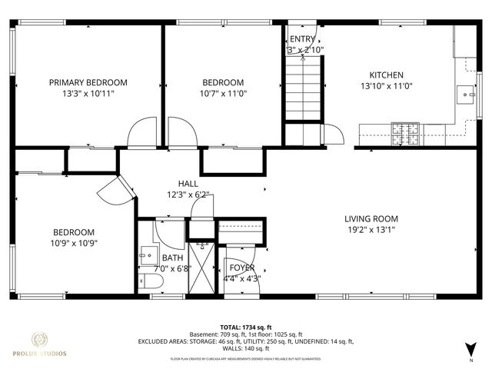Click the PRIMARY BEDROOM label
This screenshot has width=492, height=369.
click(88, 82)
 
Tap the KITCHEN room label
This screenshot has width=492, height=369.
click(381, 75)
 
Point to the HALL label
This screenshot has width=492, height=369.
click(188, 184)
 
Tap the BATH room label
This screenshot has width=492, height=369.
click(172, 258)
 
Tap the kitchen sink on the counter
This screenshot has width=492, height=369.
click(467, 95)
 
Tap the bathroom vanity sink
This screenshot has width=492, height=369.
click(145, 256)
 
